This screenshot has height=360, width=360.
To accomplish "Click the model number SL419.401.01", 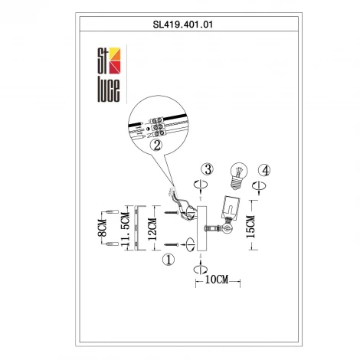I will (x=180, y=25).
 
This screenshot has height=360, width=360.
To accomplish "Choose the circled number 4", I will (x=263, y=169).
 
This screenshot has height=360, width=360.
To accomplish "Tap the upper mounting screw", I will (x=171, y=207).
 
